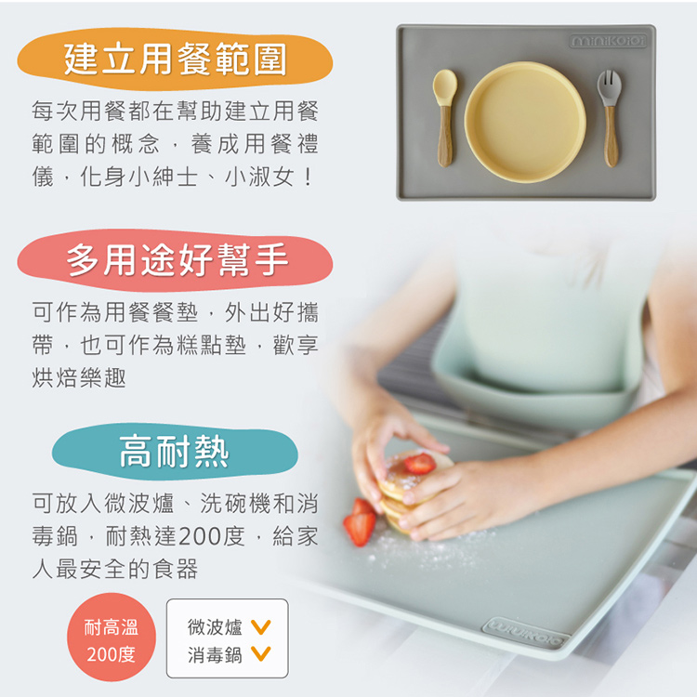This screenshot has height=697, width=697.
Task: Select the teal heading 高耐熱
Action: pos(175,453)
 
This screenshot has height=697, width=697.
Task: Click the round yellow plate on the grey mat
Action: pos(525,121)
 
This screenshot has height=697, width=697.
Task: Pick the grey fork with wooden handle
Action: pos(610,115)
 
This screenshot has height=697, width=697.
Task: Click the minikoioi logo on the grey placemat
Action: pos(609,42)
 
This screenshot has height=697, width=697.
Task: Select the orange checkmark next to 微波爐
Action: pos(261,628)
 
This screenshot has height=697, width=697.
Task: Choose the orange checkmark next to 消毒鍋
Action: pos(261,656)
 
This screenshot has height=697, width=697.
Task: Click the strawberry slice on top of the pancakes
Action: pos(419,463)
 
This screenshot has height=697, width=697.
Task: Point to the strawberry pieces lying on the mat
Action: pos(360,522)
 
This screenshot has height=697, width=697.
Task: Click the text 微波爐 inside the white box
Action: pos(215,628)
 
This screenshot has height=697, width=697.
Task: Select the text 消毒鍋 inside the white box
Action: pos(215,656)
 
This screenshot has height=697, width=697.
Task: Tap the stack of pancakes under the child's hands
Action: pos(409,493)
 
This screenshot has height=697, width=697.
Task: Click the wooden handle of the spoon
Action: pos(445,136)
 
